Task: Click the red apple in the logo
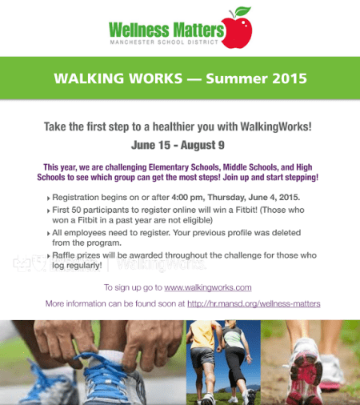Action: (x=237, y=33)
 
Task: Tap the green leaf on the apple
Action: (x=243, y=11)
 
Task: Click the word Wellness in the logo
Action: (x=139, y=30)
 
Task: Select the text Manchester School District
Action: (x=164, y=42)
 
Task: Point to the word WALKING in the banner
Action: (x=89, y=78)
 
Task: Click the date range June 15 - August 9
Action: (x=178, y=145)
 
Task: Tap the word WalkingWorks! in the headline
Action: (x=276, y=126)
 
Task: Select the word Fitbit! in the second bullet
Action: (x=246, y=210)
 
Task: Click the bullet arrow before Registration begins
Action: (x=49, y=198)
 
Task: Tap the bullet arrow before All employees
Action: (x=49, y=234)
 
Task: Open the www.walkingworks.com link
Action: (x=208, y=287)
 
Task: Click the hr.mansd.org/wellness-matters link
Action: (x=254, y=303)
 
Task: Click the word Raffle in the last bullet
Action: (x=62, y=255)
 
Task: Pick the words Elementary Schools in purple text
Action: (x=184, y=167)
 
